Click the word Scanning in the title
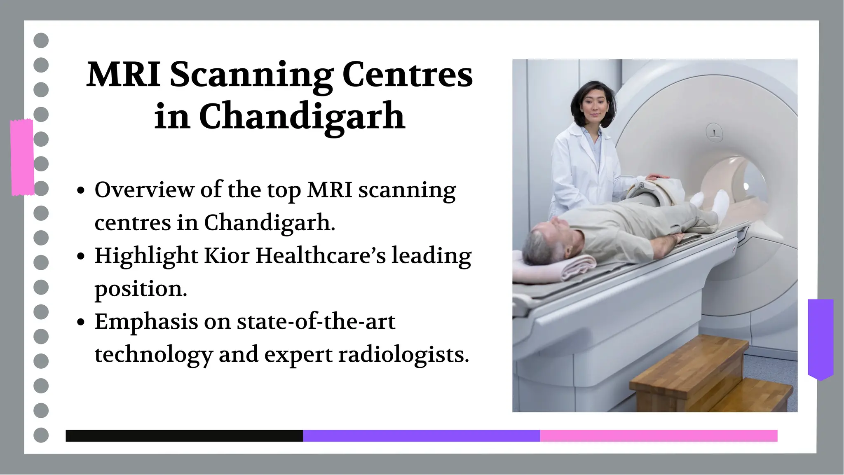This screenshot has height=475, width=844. (x=251, y=75)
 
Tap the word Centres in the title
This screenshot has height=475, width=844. (x=407, y=75)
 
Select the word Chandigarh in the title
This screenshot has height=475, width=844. (x=302, y=117)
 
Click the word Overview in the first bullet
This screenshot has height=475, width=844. (x=144, y=190)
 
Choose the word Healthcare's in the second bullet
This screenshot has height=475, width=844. (x=321, y=255)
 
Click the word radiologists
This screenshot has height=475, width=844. (x=403, y=354)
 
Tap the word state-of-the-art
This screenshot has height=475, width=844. (x=316, y=321)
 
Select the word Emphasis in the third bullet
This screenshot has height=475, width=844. (x=146, y=322)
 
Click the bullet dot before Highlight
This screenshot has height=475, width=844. (x=81, y=256)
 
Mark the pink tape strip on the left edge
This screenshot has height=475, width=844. (x=22, y=157)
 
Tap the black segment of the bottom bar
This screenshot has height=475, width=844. (x=184, y=436)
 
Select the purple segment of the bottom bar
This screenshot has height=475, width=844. (x=421, y=436)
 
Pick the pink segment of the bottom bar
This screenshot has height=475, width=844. (x=659, y=436)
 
